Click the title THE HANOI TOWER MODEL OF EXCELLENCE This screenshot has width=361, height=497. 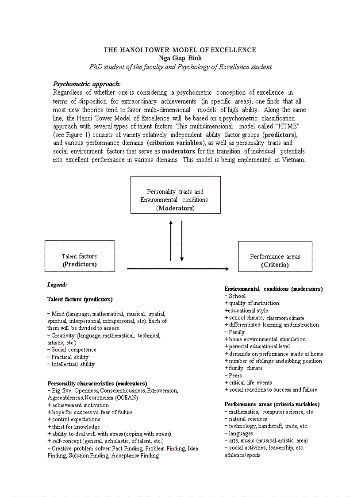tap(180, 50)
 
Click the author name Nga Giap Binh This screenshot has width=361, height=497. tap(180, 58)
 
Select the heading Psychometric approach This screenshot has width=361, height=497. tap(86, 84)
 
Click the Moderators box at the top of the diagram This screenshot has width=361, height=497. tap(175, 195)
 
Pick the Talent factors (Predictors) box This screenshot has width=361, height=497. tap(80, 256)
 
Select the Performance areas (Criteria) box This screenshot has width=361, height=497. tap(275, 257)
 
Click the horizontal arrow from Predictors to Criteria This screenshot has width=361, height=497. tap(178, 269)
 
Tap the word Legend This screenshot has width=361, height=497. tap(57, 285)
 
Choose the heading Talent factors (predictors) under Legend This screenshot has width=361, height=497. tap(80, 299)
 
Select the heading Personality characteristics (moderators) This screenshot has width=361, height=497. tap(97, 383)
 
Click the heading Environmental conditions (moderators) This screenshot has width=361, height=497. tap(273, 289)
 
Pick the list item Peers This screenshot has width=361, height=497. tap(234, 375)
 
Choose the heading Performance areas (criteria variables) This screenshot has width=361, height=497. tap(272, 404)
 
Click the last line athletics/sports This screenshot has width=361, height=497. tap(242, 455)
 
